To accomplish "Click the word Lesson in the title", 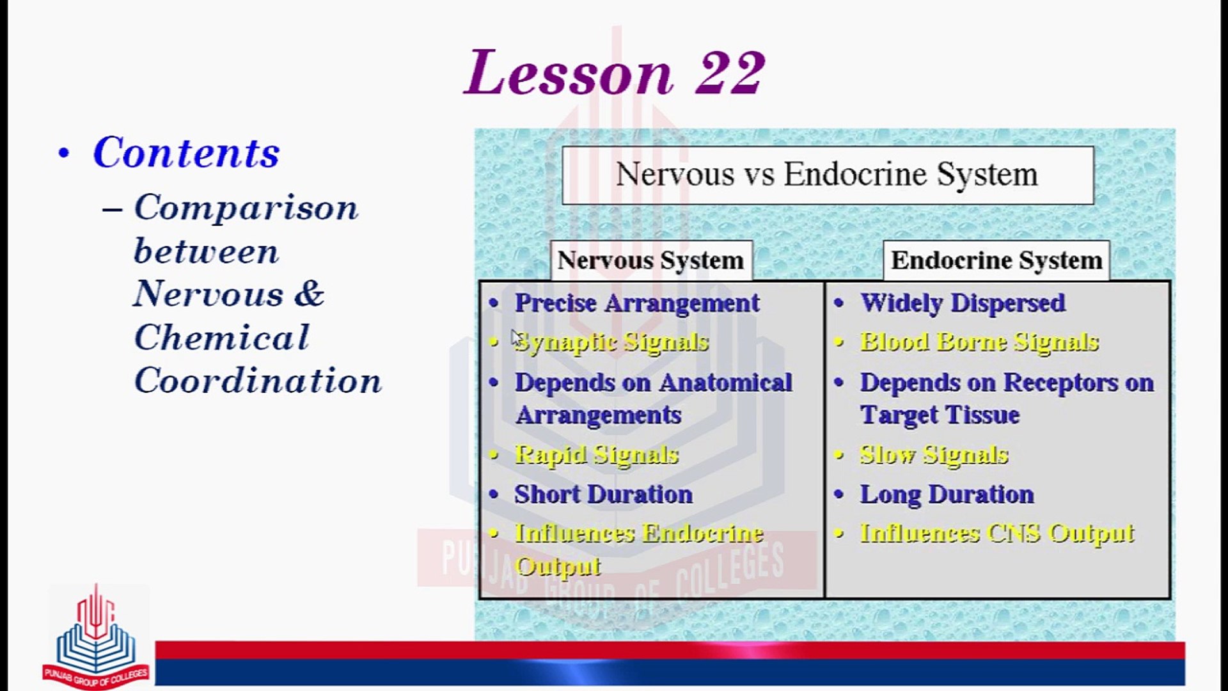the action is pyautogui.click(x=569, y=72).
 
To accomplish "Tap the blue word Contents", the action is pyautogui.click(x=186, y=153).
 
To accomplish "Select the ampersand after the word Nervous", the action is pyautogui.click(x=309, y=294).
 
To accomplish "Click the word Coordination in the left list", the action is pyautogui.click(x=258, y=381).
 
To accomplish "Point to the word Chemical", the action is pyautogui.click(x=221, y=337).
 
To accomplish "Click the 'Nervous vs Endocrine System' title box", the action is pyautogui.click(x=828, y=175).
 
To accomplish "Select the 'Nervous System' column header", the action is pyautogui.click(x=651, y=260).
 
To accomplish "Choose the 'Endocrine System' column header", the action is pyautogui.click(x=996, y=260).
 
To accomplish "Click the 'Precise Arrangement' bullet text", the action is pyautogui.click(x=637, y=303).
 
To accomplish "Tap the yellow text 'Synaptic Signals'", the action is pyautogui.click(x=611, y=343).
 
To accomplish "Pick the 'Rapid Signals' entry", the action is pyautogui.click(x=596, y=455).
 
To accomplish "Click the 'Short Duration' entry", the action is pyautogui.click(x=603, y=495).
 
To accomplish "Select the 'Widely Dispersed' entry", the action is pyautogui.click(x=963, y=303).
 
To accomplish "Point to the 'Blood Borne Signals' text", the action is pyautogui.click(x=979, y=342).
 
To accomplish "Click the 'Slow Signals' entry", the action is pyautogui.click(x=934, y=455).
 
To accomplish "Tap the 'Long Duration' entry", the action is pyautogui.click(x=947, y=495).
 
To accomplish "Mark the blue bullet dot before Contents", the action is pyautogui.click(x=63, y=154).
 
